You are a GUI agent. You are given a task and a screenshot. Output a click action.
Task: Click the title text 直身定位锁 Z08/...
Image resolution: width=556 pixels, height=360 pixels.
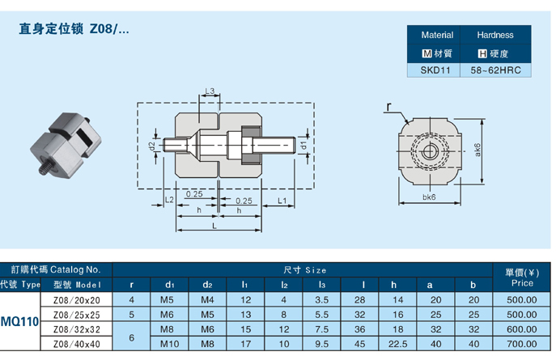[74, 30]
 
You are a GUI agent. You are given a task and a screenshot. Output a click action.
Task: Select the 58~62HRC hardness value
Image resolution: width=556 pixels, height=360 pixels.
[496, 70]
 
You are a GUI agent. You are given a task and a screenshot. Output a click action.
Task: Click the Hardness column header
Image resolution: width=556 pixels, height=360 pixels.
[495, 35]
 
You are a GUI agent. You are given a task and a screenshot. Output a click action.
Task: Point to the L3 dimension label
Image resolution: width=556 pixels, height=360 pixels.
[209, 91]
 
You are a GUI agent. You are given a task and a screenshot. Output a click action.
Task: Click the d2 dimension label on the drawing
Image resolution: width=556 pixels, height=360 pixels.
[152, 146]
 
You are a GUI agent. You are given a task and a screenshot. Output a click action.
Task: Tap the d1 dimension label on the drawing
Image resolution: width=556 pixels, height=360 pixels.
[303, 145]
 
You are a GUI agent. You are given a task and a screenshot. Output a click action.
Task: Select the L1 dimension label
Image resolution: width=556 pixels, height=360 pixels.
[281, 199]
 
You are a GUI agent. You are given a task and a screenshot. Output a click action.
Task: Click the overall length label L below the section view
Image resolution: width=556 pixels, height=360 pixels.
[214, 227]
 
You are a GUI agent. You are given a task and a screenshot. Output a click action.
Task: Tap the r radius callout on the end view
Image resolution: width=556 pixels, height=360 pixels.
[391, 107]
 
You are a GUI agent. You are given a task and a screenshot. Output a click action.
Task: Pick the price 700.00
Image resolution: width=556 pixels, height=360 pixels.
[522, 343]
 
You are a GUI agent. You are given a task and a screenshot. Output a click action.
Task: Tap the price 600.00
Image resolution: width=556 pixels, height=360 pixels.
[522, 328]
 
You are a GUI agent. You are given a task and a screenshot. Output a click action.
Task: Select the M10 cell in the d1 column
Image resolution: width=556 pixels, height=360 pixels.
[169, 343]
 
